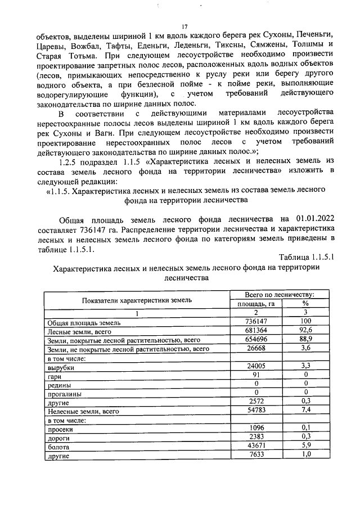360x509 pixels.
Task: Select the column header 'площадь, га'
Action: (256, 304)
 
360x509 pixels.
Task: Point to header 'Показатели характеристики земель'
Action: (137, 300)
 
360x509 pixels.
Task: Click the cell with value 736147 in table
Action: (256, 322)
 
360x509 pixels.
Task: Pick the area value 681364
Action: (256, 331)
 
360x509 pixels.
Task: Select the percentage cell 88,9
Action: (306, 340)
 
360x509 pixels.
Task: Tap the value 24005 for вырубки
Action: (256, 367)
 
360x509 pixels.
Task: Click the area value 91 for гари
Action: (256, 376)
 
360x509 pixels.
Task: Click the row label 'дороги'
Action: (58, 438)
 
